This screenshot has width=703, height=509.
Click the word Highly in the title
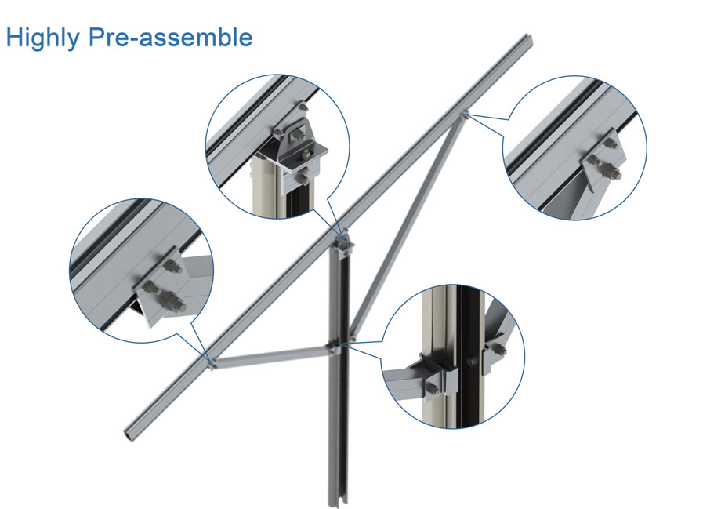[x=42, y=38]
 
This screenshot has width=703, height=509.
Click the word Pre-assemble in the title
[x=171, y=37]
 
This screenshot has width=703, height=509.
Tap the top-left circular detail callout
[x=277, y=147]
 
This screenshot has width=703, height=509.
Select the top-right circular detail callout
[x=574, y=147]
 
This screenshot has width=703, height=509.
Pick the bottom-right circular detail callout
[x=453, y=356]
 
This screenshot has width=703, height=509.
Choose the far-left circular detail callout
[x=142, y=271]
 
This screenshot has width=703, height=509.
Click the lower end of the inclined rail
[x=129, y=434]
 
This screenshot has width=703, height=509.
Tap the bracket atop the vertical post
[x=343, y=242]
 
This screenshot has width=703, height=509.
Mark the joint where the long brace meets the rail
[x=464, y=115]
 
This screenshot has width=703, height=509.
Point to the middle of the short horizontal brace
[x=272, y=354]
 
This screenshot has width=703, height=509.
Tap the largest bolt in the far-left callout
[x=173, y=301]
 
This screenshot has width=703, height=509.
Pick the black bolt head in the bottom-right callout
[x=471, y=362]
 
